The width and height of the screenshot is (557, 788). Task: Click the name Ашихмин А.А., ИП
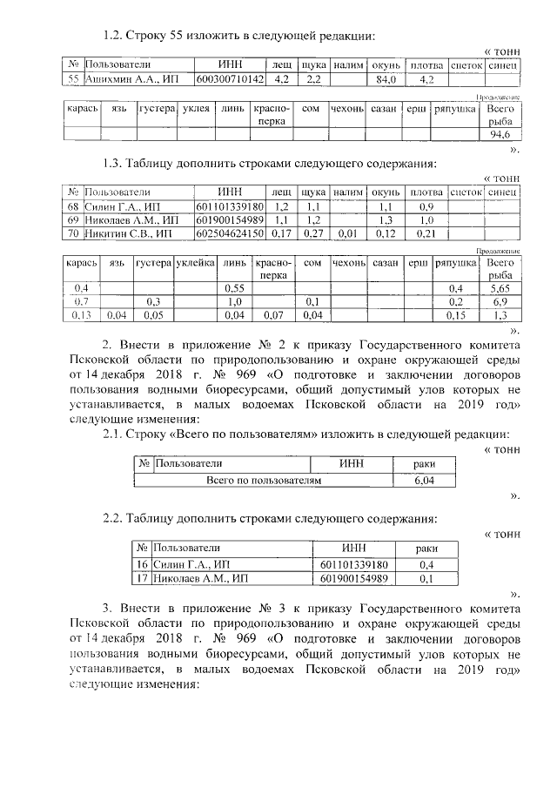point(119,79)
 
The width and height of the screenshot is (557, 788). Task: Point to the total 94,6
point(500,136)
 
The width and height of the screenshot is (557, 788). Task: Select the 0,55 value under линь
point(233,288)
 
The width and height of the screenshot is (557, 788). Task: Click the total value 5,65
point(500,288)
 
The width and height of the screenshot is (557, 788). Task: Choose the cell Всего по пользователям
point(263,480)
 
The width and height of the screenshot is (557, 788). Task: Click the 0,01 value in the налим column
point(347,233)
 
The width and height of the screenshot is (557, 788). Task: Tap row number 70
point(74,233)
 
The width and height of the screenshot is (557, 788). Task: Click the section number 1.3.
point(116,165)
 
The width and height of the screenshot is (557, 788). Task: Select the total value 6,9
point(500,301)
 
